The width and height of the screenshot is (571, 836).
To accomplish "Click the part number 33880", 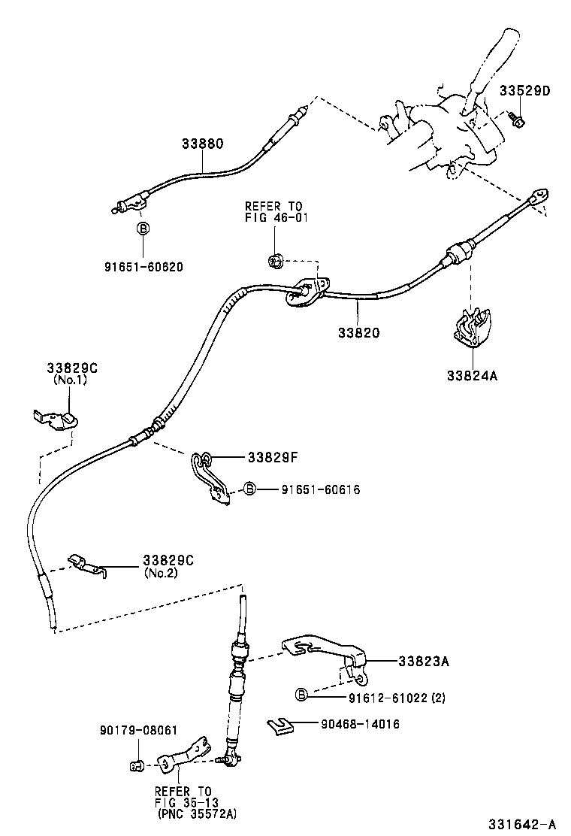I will tap(202, 143).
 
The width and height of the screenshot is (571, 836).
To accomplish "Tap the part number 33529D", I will tap(525, 91).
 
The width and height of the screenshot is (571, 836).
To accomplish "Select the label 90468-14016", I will tap(360, 725).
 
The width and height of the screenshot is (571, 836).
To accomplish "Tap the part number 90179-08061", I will tap(138, 729).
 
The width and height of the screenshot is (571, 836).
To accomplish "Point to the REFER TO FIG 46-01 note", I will tap(273, 212).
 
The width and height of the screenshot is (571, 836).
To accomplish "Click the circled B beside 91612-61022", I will tap(301, 696).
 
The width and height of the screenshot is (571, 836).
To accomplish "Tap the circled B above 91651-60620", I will tap(142, 229).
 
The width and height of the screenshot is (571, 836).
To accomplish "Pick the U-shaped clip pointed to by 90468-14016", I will tap(280, 725).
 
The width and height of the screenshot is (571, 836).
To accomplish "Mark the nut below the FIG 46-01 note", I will tap(276, 261).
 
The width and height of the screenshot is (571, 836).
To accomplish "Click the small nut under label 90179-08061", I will tap(137, 766).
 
